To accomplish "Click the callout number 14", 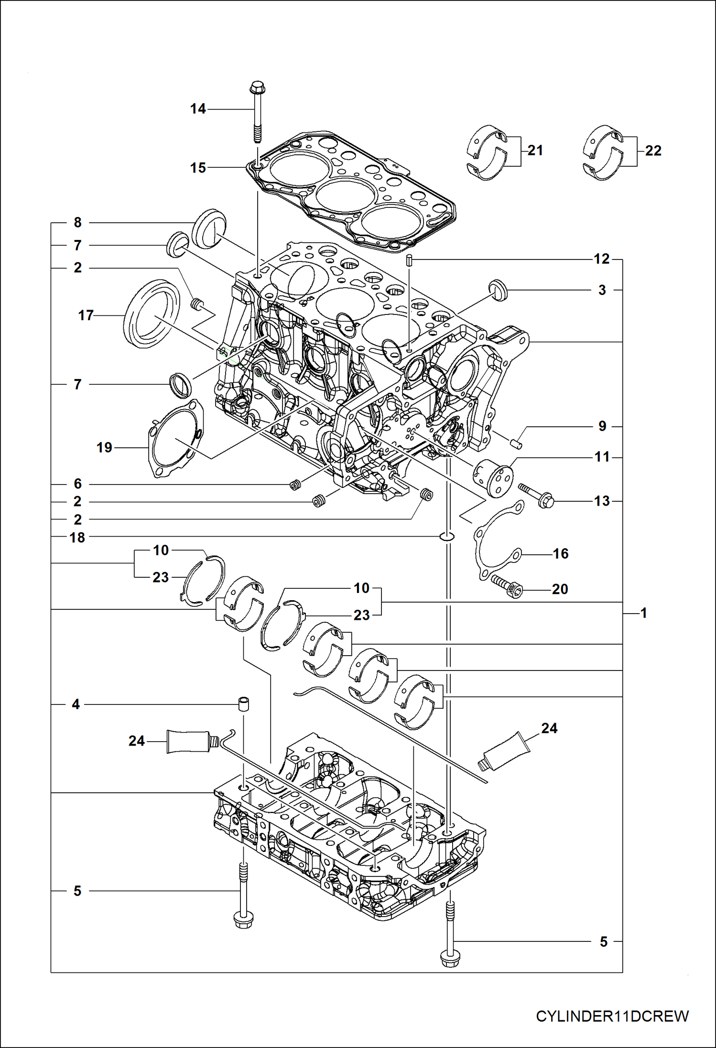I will [198, 109].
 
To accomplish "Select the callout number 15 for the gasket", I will [198, 168].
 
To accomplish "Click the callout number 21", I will [535, 151].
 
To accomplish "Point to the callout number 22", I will [653, 151].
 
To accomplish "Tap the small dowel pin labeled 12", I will [410, 260].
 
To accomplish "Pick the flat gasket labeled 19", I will [175, 440].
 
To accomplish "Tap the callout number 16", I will [560, 554].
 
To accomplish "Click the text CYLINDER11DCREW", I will [612, 1016].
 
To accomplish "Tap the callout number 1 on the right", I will [643, 613].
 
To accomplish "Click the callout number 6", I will [77, 484].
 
